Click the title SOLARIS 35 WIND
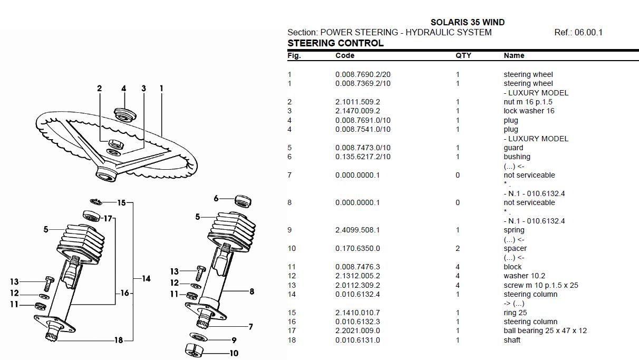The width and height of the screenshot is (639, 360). tap(467, 22)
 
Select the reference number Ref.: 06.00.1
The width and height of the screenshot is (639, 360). tap(578, 32)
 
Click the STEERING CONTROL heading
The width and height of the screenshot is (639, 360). tap(335, 43)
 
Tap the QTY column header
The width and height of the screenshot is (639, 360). tap(463, 55)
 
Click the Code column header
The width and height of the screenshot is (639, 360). tap(345, 55)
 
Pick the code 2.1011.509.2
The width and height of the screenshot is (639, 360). tap(357, 102)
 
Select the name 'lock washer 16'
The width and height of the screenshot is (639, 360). tap(529, 111)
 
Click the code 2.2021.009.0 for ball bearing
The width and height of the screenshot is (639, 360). tap(357, 331)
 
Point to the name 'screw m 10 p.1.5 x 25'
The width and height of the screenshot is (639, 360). tap(540, 285)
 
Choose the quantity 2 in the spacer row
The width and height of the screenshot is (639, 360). tap(458, 248)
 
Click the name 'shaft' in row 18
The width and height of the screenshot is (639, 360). tap(511, 340)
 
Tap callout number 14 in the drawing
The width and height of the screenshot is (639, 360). tap(146, 278)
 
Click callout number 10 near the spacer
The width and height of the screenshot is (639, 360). tap(234, 353)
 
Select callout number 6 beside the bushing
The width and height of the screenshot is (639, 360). tap(216, 198)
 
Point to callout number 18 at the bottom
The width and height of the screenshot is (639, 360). tap(119, 340)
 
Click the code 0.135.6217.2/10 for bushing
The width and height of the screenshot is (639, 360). tap(363, 157)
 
